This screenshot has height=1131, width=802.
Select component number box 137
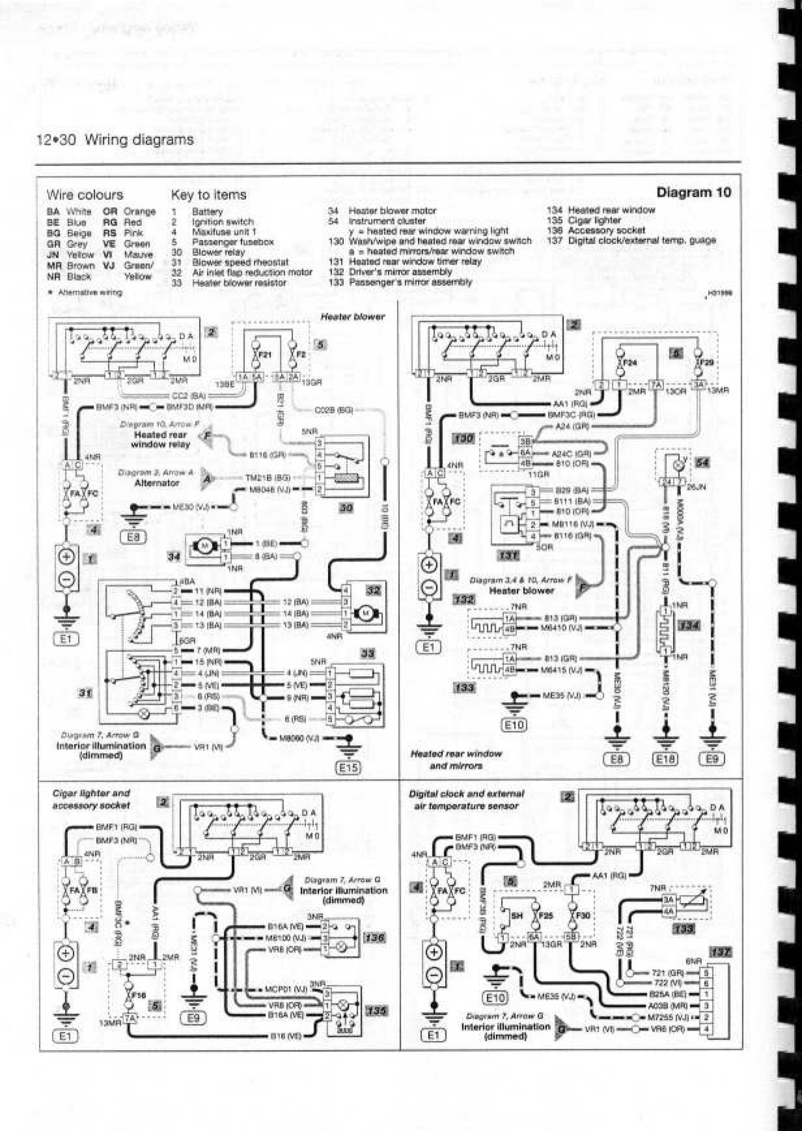point(720,952)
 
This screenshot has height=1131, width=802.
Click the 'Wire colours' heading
point(84,195)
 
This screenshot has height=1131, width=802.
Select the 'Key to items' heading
point(208,195)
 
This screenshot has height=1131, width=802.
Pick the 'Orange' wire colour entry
point(139,212)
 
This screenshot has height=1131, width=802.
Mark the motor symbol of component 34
point(204,545)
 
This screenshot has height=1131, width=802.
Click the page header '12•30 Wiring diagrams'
point(114,140)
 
